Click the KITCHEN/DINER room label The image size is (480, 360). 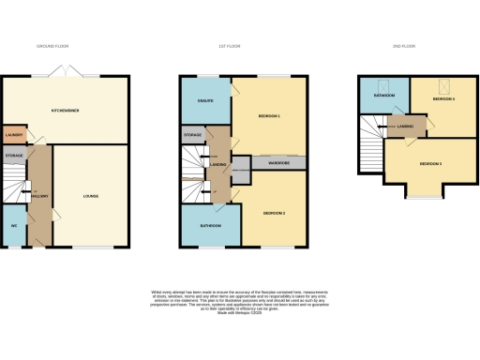pos(66,111)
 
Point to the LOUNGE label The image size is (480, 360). pos(91,196)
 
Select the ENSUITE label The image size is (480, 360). pos(204,100)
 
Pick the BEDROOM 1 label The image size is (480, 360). pos(270,115)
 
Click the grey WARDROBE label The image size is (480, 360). pos(278,163)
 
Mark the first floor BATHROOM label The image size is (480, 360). pos(210,226)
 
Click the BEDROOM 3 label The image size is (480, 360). pos(430,164)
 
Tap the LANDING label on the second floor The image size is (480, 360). pos(406,127)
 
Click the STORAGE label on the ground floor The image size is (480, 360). pos(13,156)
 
